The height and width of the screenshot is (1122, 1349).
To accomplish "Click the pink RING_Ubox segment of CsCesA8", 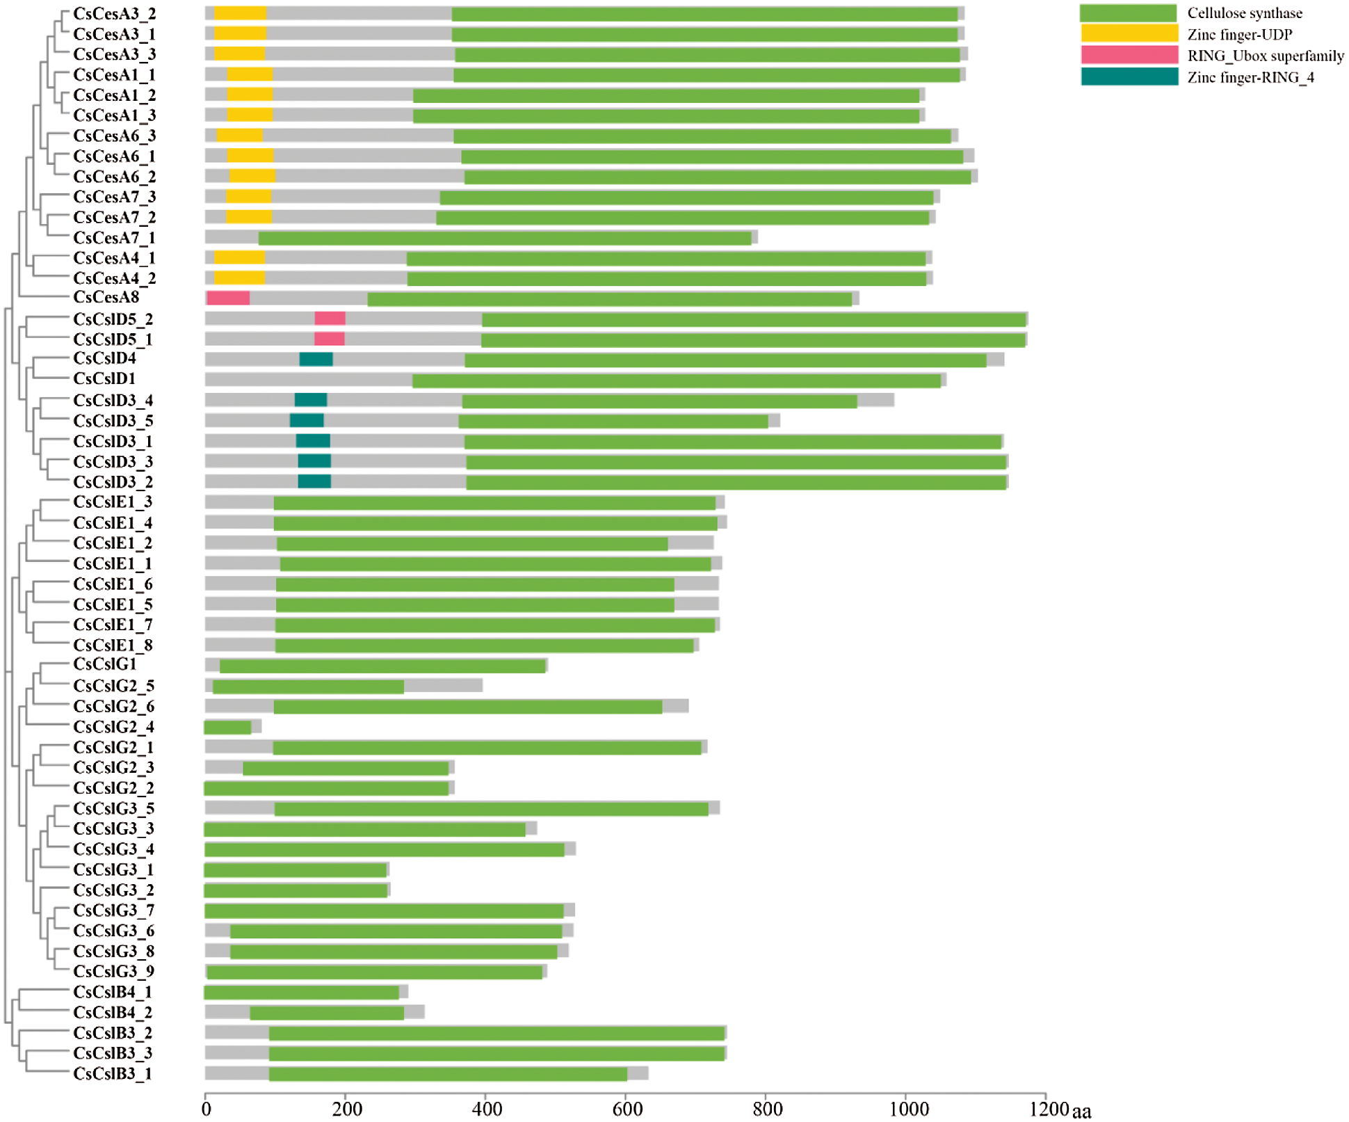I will (228, 298).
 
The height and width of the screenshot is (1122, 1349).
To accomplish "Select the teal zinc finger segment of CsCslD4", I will (316, 360).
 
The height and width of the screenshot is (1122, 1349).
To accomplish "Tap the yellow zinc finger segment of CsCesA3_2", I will (240, 13).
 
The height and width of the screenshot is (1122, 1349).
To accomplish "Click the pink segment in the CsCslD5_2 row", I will (330, 319).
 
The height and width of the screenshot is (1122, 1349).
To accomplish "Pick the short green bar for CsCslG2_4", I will (228, 728).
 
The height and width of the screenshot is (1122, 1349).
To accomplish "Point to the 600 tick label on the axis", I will (627, 1109).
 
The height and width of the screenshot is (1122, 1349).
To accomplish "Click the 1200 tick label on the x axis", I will (1048, 1109).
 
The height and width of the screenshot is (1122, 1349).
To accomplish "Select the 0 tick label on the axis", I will (207, 1109).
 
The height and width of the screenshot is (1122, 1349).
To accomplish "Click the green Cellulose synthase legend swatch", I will (1128, 13).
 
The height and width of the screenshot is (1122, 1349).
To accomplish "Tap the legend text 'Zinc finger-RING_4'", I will (1250, 77).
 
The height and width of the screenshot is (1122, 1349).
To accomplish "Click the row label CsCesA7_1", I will (114, 238).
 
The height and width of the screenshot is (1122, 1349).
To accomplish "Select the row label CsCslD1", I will (104, 379).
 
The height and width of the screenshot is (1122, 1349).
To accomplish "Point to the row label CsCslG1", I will (105, 664).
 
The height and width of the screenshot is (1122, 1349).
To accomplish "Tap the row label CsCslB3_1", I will (113, 1073).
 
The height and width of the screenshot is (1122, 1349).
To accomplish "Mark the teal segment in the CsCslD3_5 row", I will (307, 421).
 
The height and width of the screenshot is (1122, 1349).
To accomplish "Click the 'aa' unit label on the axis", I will (1081, 1112).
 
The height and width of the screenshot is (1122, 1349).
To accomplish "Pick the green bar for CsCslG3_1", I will (296, 870).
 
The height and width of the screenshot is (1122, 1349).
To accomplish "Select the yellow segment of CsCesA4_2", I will (239, 278).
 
